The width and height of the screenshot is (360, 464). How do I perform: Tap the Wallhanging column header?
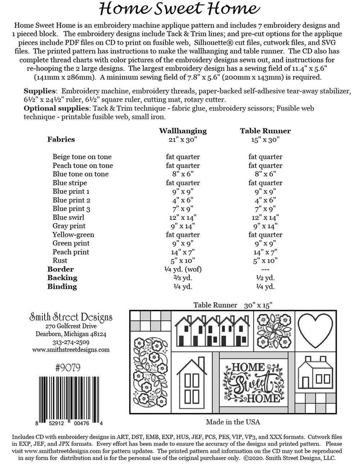(183, 131)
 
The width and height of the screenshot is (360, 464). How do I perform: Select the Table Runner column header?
(265, 131)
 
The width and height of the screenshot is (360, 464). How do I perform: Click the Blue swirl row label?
(68, 217)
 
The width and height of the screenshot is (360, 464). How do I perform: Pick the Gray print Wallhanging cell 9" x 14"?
(183, 226)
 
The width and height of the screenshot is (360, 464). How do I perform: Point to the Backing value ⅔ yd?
(183, 278)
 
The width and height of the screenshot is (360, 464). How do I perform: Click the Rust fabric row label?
(60, 260)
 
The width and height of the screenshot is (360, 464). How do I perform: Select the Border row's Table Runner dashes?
(265, 269)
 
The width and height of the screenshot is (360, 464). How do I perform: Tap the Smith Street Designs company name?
(71, 317)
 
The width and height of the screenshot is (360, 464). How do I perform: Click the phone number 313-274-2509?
(71, 342)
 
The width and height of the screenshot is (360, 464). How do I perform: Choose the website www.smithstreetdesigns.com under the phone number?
(71, 349)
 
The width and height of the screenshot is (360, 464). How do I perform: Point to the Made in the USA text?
(233, 422)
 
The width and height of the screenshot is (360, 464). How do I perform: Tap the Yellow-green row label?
(73, 235)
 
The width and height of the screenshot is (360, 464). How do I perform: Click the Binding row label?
(62, 287)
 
